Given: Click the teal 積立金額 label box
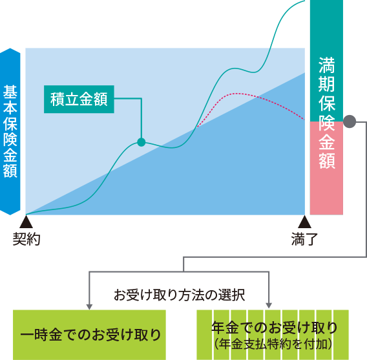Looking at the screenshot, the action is [79, 100].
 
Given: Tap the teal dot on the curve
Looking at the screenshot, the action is [142, 142].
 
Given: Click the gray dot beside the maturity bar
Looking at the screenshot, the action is [350, 122].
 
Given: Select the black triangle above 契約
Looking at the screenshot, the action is [26, 222].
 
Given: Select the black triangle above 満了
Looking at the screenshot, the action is [304, 222].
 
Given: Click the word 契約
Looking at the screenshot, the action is [26, 239].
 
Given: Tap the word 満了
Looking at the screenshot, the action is [304, 239].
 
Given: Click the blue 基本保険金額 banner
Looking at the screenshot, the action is [10, 132].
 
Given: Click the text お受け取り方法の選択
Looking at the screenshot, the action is [179, 295].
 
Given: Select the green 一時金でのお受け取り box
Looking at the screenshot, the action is [89, 335].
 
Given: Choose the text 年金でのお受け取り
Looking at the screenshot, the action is [275, 328].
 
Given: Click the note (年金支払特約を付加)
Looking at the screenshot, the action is [273, 344].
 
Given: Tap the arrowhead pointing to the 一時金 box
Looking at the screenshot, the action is [89, 307].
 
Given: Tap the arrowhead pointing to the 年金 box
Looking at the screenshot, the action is [269, 306].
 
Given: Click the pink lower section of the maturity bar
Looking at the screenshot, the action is [326, 168].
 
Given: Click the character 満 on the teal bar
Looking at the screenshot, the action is [327, 65].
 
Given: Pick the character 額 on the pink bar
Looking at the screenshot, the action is [327, 161].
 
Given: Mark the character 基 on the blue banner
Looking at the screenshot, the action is [10, 92].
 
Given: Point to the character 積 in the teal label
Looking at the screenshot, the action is [58, 100].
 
